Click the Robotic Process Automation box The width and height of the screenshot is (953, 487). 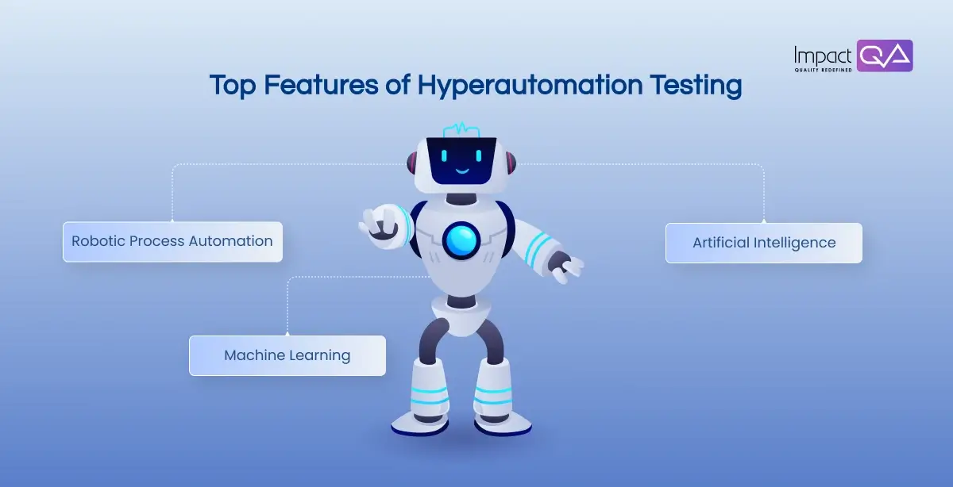point(172,241)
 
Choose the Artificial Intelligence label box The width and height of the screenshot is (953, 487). point(763,243)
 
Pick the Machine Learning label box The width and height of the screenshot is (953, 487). point(287,355)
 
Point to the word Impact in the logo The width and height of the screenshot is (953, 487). point(823,55)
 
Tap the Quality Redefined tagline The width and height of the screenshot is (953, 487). point(823,70)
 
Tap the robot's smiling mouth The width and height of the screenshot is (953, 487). point(461,169)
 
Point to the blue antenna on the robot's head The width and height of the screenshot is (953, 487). point(461,129)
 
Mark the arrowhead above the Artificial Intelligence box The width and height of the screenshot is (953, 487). point(763,220)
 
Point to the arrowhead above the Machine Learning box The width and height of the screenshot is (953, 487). point(287,332)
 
